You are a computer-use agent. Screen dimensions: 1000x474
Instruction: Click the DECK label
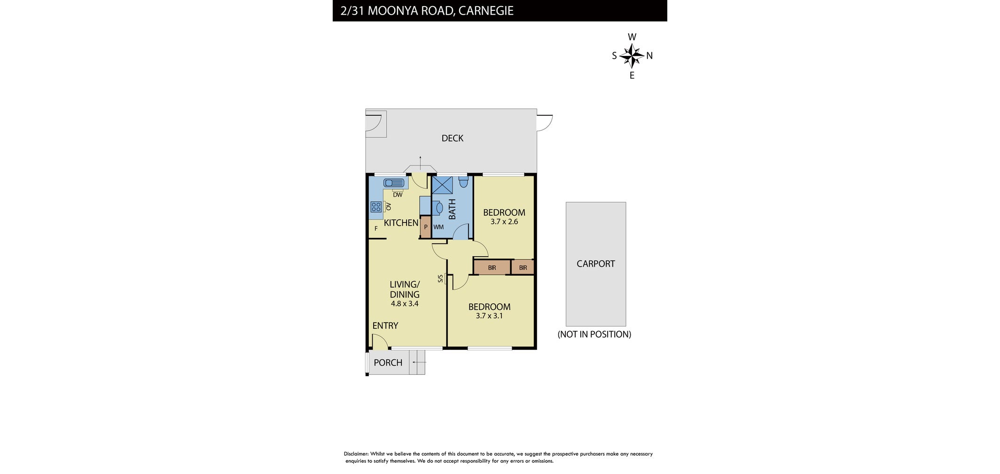(452, 138)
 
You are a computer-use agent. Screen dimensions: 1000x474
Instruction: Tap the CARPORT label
(595, 264)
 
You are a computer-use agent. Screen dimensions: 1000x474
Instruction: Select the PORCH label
(388, 363)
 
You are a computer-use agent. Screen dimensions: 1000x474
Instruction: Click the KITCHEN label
(401, 223)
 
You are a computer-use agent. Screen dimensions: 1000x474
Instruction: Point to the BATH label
(452, 209)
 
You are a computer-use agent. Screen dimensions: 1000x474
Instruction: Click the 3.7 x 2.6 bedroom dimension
(504, 221)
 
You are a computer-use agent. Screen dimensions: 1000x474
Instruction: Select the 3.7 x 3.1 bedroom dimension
(489, 316)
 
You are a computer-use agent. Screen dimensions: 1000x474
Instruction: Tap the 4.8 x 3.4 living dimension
(405, 304)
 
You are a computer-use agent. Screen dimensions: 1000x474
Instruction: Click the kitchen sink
(394, 183)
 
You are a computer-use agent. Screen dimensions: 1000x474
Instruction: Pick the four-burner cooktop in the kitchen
(376, 207)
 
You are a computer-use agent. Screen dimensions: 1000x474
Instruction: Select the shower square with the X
(442, 185)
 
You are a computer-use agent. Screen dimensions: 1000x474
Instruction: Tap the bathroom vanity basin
(437, 207)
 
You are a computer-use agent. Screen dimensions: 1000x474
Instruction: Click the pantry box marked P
(425, 227)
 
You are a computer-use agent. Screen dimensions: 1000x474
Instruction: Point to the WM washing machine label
(438, 227)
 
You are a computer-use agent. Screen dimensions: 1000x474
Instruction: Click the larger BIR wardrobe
(492, 268)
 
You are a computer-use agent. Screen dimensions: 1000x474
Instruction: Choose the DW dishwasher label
(398, 195)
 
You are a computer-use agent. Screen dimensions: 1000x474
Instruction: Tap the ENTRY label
(385, 325)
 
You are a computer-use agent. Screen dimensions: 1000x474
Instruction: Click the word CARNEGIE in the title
(486, 10)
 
